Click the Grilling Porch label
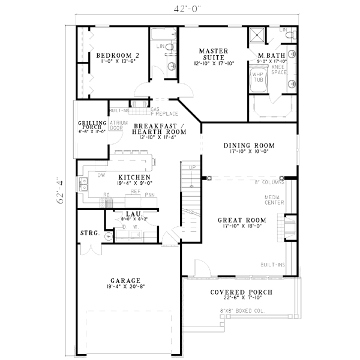tap(92, 125)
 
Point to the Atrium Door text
tap(116, 125)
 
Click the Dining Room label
tap(248, 146)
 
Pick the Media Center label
tap(275, 200)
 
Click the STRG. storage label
tap(89, 232)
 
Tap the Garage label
tap(125, 280)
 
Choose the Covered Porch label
tap(241, 293)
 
